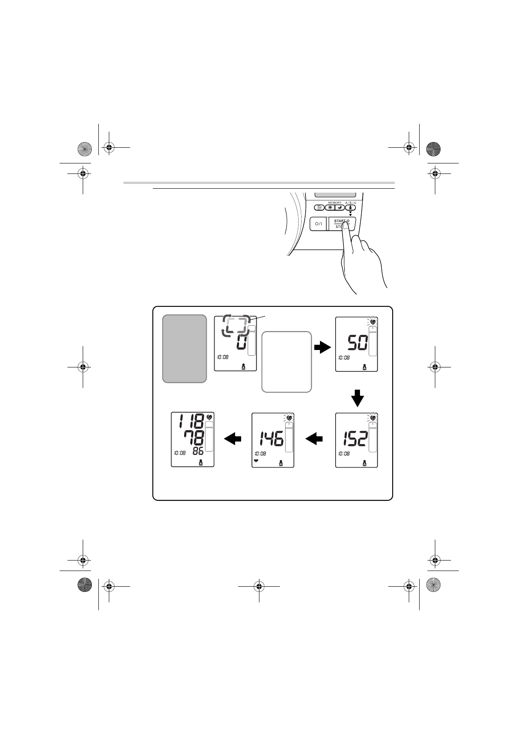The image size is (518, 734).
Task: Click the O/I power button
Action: pyautogui.click(x=318, y=224)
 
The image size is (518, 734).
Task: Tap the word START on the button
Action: pyautogui.click(x=340, y=221)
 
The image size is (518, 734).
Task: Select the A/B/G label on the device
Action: pyautogui.click(x=350, y=203)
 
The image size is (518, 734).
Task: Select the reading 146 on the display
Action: pyautogui.click(x=271, y=439)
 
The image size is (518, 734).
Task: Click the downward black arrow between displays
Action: pyautogui.click(x=357, y=398)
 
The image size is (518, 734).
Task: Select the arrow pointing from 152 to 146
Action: pyautogui.click(x=314, y=439)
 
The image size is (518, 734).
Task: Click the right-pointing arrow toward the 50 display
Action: pyautogui.click(x=323, y=347)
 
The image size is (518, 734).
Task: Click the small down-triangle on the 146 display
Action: pyautogui.click(x=256, y=460)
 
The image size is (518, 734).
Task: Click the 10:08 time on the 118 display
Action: pyautogui.click(x=180, y=452)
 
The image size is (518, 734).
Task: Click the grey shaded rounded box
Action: pyautogui.click(x=184, y=348)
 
